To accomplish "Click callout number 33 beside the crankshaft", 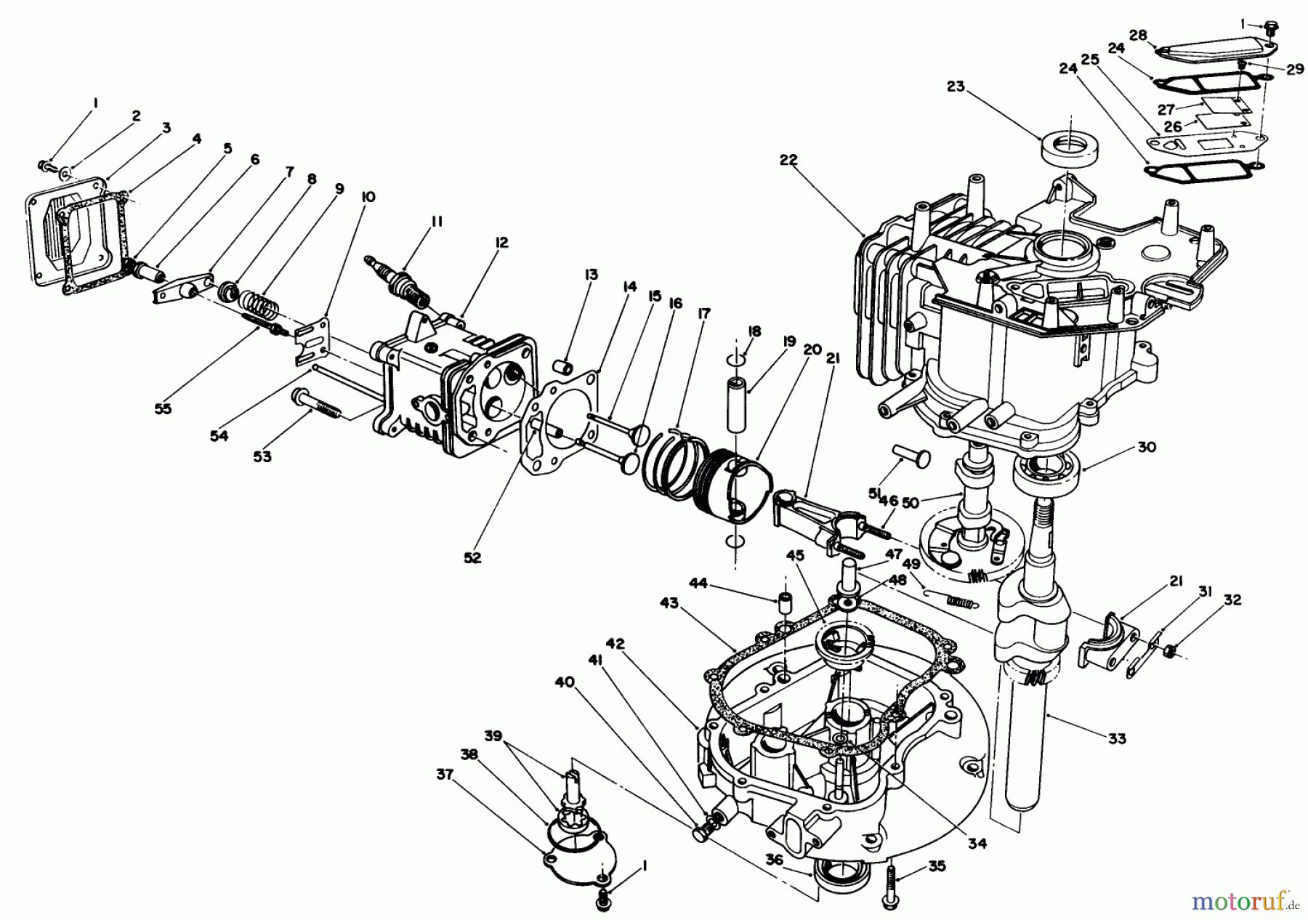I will coord(1117,738).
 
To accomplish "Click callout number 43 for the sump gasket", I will coord(669,604).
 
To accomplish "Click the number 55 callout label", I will coord(163,408).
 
